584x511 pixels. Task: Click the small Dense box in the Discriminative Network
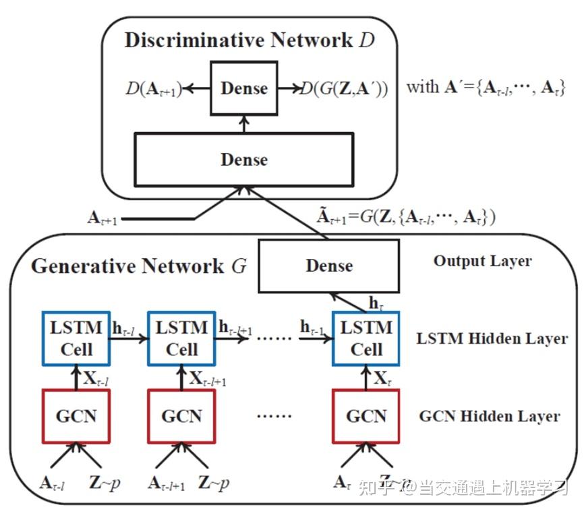pos(244,88)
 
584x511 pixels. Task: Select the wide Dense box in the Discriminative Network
pos(244,159)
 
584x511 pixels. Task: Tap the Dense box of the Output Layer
pos(328,265)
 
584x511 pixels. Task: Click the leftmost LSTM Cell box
pos(76,338)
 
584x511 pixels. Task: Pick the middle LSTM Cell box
pos(181,338)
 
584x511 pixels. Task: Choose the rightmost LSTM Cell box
pos(367,338)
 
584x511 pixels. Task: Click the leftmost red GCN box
pos(76,415)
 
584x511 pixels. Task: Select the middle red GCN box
pos(181,415)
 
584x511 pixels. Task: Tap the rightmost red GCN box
pos(367,415)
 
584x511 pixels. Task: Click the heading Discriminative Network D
pos(249,40)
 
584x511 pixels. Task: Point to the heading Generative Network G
pos(139,266)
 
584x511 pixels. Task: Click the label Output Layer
pos(482,261)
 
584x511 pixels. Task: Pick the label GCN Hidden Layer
pos(489,416)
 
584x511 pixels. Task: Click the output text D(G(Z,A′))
pos(345,89)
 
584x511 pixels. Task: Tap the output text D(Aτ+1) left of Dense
pos(154,89)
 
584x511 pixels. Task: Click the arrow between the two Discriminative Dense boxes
pos(244,123)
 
